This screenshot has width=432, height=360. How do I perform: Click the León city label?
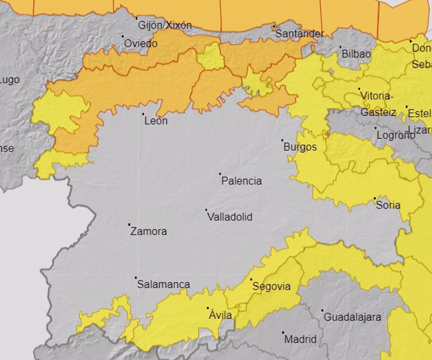(x=156, y=121)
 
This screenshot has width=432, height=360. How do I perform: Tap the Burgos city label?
(x=299, y=147)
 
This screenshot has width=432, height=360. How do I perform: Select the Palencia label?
(x=241, y=181)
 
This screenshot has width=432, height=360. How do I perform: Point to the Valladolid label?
(x=230, y=217)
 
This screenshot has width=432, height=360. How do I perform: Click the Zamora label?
(x=148, y=232)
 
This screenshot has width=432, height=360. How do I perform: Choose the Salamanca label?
(x=163, y=284)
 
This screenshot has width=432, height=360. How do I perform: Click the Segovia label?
(x=272, y=287)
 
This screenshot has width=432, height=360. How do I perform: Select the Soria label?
(x=388, y=205)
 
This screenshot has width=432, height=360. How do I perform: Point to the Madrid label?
(x=300, y=339)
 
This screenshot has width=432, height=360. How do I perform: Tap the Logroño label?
(x=396, y=135)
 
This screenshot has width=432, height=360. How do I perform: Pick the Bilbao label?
(x=355, y=54)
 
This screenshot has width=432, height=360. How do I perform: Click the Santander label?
(x=300, y=34)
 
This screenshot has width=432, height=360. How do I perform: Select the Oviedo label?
(x=141, y=43)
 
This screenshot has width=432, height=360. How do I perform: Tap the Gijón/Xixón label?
(x=165, y=25)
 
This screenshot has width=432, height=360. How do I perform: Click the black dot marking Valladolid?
(x=206, y=210)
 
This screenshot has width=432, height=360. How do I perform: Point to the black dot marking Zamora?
(x=129, y=225)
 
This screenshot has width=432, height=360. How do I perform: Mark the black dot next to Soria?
(x=375, y=199)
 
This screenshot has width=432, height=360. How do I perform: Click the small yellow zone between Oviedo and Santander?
(x=211, y=57)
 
